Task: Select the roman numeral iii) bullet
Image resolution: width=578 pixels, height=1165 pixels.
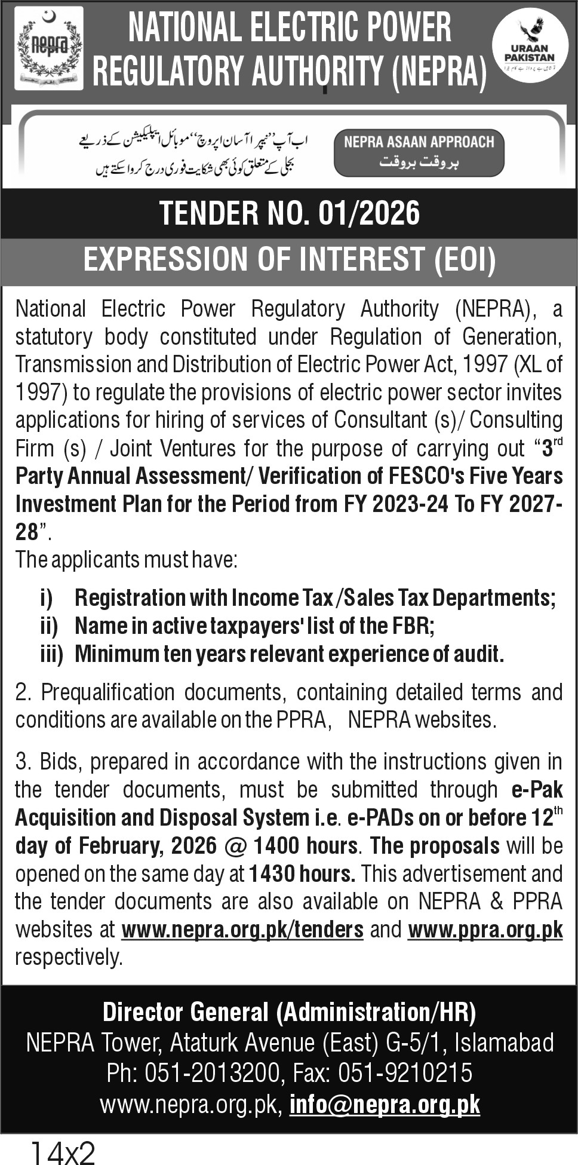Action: tap(51, 654)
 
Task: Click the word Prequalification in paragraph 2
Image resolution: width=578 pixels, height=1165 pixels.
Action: tap(107, 692)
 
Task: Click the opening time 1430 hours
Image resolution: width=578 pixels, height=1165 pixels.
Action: tap(302, 873)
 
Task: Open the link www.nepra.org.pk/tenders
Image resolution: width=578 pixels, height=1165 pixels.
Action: tap(242, 930)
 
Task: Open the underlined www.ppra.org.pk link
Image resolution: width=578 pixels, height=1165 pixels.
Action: tap(485, 930)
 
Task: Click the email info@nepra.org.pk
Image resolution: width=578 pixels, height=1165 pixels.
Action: tap(385, 1105)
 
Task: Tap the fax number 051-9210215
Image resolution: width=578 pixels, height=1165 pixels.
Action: tap(405, 1073)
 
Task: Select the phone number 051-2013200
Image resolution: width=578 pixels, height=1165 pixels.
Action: tap(212, 1073)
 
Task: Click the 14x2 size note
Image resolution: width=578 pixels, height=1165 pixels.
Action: tap(62, 1152)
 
